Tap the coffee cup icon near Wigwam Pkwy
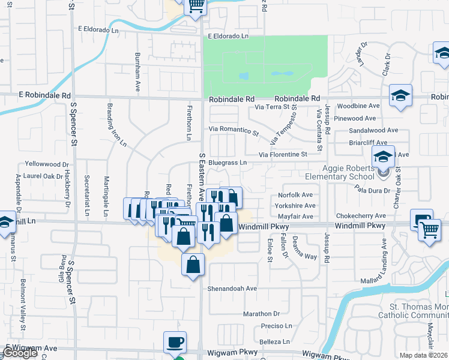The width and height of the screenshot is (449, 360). pos(175,343)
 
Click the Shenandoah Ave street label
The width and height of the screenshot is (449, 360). pos(232,289)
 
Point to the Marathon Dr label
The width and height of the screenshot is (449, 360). pos(262,314)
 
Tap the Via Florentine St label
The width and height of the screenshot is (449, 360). pos(283,155)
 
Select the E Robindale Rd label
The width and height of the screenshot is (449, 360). pos(44,95)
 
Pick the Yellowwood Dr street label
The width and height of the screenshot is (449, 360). pos(46,164)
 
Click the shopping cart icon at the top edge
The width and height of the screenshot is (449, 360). pos(196,7)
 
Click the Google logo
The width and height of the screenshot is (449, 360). pos(20,353)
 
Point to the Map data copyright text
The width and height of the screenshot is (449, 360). pos(424,355)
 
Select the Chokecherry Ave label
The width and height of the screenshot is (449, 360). pos(361,216)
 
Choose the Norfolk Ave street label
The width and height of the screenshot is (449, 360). pos(295,195)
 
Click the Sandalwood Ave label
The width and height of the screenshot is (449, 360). pos(373,130)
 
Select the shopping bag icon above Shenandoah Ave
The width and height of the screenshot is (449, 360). pos(193,265)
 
